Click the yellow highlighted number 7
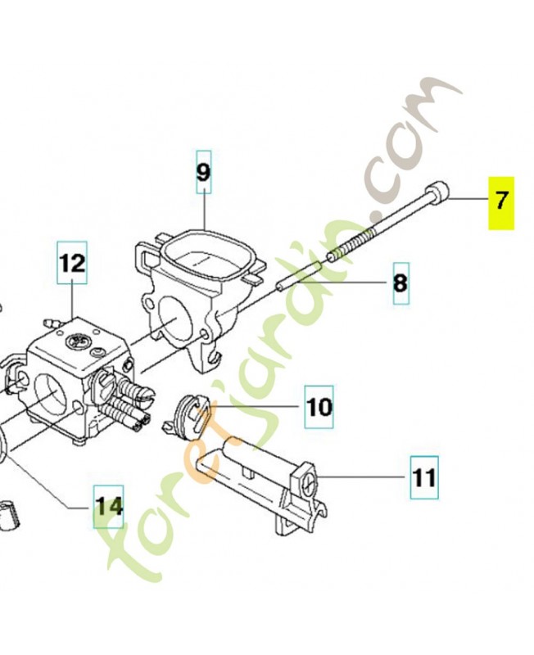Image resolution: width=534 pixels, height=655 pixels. [x=501, y=202]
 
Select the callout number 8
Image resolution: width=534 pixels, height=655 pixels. [x=400, y=283]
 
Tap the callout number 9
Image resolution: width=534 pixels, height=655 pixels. [x=203, y=172]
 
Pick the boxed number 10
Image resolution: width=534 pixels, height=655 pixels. [x=319, y=407]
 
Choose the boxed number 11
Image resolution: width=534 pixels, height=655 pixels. [x=424, y=477]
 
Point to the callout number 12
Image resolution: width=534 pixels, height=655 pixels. [x=72, y=263]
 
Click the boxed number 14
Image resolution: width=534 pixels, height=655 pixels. [x=108, y=506]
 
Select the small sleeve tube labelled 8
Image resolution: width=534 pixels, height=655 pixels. [x=299, y=275]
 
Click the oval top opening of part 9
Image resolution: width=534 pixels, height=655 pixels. [x=205, y=260]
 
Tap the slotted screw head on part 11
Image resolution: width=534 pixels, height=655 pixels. [x=310, y=485]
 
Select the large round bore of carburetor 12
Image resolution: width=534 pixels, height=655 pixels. [x=50, y=395]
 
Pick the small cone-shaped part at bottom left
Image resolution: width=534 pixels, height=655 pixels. [x=8, y=515]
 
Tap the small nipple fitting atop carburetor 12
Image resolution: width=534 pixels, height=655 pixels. [x=51, y=323]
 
